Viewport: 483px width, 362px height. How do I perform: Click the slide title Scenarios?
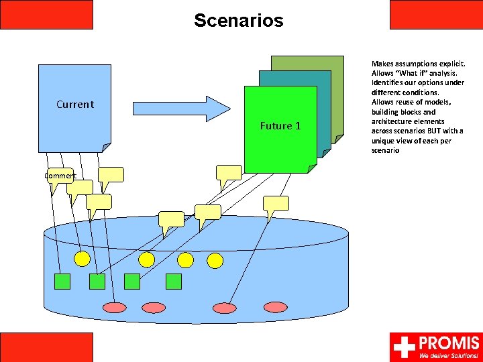239,21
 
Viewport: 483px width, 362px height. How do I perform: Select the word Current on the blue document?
75,105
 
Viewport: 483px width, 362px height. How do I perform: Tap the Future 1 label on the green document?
280,126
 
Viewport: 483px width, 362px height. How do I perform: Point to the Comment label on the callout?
60,176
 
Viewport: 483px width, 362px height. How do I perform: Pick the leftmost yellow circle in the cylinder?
82,259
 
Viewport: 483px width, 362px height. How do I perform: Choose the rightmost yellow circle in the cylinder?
215,260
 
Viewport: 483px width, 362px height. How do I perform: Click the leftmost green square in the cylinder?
62,281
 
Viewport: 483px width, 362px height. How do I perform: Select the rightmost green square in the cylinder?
174,281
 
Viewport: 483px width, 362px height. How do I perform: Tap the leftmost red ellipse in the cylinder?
115,308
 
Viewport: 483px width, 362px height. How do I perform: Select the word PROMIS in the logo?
449,343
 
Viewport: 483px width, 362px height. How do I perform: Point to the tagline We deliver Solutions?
449,356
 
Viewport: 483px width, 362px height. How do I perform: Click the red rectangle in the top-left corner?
46,14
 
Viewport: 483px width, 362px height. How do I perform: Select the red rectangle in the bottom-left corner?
46,347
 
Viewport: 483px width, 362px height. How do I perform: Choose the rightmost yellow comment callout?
275,204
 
